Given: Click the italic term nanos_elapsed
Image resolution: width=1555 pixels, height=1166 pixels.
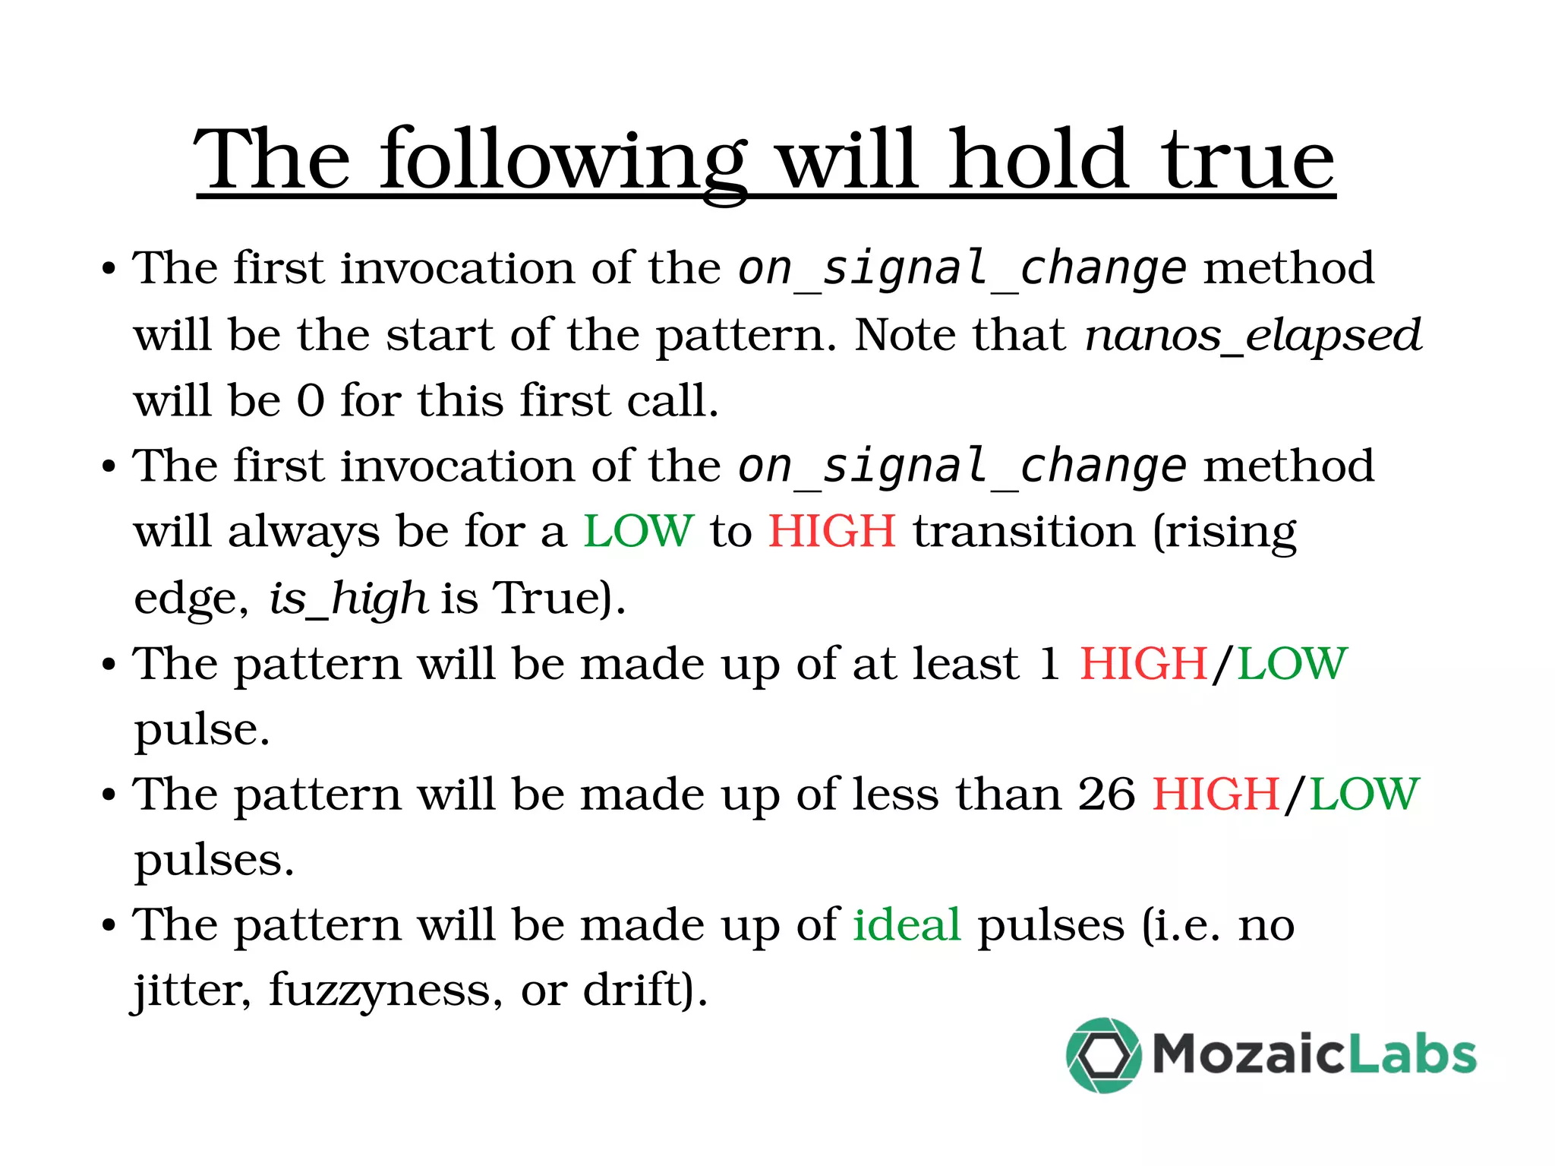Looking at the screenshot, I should pyautogui.click(x=1253, y=335).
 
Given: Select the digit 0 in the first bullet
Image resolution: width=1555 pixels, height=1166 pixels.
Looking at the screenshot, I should pyautogui.click(x=311, y=401).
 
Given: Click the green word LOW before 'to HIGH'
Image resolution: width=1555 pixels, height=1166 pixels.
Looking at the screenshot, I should pyautogui.click(x=638, y=531).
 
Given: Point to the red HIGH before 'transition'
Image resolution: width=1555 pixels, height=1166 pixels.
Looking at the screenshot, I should pyautogui.click(x=831, y=531).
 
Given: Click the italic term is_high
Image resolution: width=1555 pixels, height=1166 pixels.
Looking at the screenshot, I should pyautogui.click(x=348, y=598).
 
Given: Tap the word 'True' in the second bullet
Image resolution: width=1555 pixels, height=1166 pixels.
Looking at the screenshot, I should pyautogui.click(x=552, y=598).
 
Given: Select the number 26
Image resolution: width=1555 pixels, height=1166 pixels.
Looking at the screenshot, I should pyautogui.click(x=1106, y=795).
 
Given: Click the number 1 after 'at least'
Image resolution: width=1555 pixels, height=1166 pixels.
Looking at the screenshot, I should pyautogui.click(x=1049, y=664).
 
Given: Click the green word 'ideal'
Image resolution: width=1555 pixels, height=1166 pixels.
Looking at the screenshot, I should pyautogui.click(x=907, y=925).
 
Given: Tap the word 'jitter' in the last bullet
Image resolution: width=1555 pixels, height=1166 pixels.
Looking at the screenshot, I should pyautogui.click(x=191, y=991).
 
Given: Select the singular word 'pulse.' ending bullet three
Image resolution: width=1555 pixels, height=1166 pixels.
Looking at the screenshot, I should pyautogui.click(x=202, y=730).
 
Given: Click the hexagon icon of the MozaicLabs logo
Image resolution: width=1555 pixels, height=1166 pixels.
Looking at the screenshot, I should pyautogui.click(x=1103, y=1055).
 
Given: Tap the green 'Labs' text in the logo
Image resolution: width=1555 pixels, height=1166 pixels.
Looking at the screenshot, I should pyautogui.click(x=1413, y=1055).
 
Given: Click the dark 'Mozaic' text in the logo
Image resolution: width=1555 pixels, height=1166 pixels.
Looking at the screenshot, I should pyautogui.click(x=1249, y=1055).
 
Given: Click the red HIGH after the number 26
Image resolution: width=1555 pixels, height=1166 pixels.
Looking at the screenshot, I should pyautogui.click(x=1216, y=795).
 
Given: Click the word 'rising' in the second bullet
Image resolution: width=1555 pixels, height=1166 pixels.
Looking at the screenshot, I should pyautogui.click(x=1230, y=531).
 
